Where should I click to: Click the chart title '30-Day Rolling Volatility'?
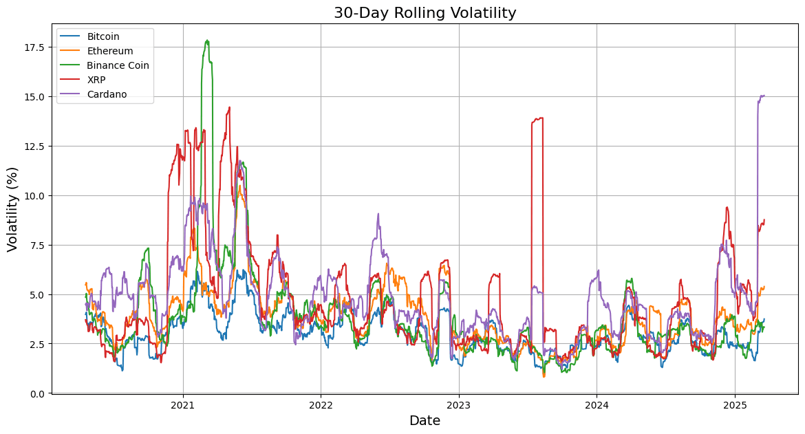click(425, 13)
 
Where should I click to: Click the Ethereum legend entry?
click(110, 51)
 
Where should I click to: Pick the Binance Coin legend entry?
click(118, 65)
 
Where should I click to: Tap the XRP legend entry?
click(96, 80)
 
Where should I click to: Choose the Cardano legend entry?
click(107, 94)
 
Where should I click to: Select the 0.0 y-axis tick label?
click(37, 393)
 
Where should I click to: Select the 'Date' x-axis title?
click(425, 421)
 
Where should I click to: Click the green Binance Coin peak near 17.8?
click(207, 41)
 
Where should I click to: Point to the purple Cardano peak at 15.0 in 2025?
click(762, 96)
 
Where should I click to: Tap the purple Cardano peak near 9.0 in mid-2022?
click(378, 215)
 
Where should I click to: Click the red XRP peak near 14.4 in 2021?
click(229, 107)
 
